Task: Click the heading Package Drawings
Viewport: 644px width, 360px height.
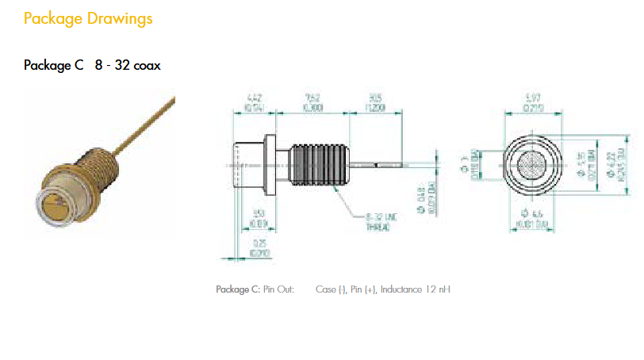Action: tap(87, 17)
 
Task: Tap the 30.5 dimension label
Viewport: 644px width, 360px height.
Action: tap(370, 100)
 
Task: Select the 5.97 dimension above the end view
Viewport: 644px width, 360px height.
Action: tap(533, 100)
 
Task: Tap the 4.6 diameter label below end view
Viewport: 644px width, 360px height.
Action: tap(535, 215)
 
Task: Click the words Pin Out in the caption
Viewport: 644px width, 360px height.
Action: tap(278, 289)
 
